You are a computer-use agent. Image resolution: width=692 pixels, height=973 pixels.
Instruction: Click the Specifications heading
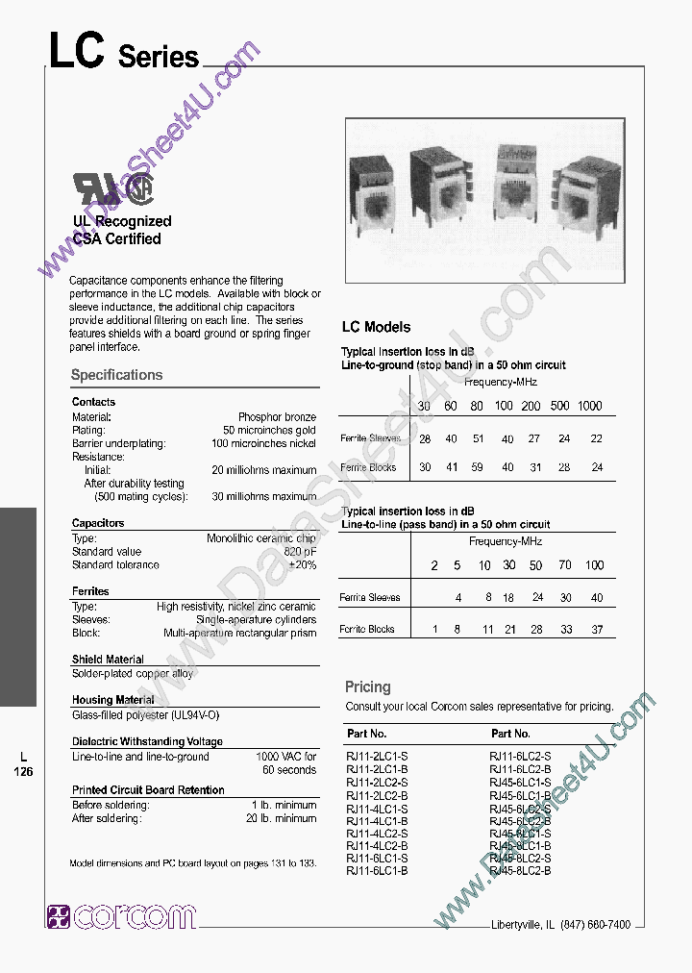[x=116, y=375]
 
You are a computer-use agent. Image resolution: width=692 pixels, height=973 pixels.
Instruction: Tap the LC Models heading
[x=376, y=327]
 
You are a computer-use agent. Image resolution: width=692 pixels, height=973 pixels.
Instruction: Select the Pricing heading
[x=367, y=686]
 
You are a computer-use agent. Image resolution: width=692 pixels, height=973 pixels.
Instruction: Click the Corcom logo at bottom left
[x=121, y=916]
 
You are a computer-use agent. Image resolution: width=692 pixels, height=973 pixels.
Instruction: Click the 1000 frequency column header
[x=589, y=406]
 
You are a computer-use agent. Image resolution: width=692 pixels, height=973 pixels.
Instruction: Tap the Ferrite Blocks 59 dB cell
[x=477, y=467]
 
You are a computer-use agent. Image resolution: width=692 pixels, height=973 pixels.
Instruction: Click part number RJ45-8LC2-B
[x=520, y=870]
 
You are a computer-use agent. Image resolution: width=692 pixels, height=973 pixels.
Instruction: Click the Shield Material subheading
[x=108, y=660]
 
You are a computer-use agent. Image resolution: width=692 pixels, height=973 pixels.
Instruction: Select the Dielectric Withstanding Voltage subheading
[x=147, y=741]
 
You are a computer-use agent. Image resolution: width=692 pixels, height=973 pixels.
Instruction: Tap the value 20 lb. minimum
[x=281, y=818]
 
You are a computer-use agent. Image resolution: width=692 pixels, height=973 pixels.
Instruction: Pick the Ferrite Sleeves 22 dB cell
[x=597, y=438]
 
